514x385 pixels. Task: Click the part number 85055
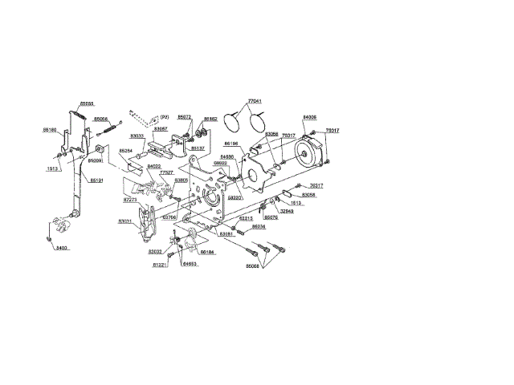click(87, 103)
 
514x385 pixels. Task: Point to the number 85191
click(96, 180)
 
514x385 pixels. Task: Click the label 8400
click(62, 249)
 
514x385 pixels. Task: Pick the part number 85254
click(126, 151)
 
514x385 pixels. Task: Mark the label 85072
click(184, 116)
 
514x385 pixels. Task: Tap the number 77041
click(255, 101)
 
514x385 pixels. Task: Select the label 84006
click(309, 117)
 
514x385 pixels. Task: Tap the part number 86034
click(259, 227)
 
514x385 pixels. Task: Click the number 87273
click(130, 200)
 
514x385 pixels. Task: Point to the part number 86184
click(207, 251)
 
